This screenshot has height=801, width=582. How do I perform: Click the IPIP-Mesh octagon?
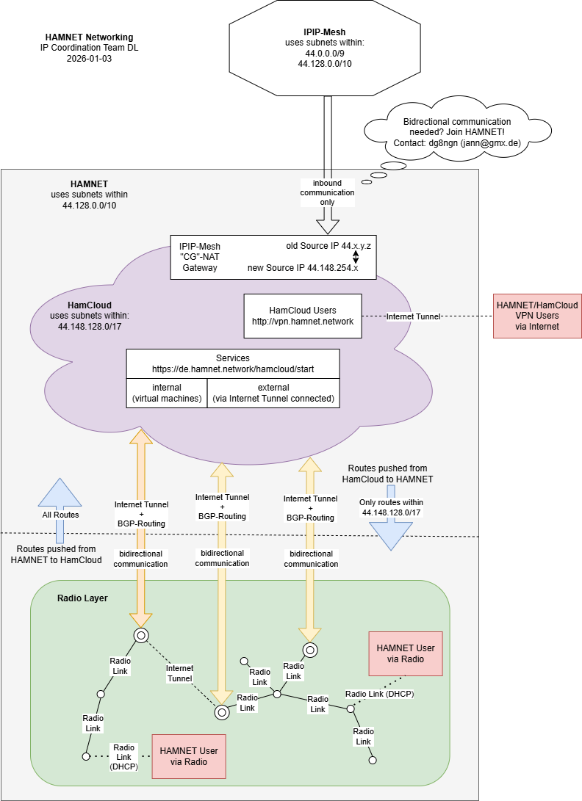[x=325, y=48]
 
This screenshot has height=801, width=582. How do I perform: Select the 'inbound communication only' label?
[x=327, y=192]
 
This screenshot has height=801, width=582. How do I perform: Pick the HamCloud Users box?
[x=303, y=316]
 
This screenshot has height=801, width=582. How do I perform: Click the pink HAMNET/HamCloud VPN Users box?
[x=537, y=316]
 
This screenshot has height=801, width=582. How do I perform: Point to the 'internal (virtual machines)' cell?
[x=167, y=394]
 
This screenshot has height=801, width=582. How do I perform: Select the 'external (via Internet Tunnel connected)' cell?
[x=273, y=394]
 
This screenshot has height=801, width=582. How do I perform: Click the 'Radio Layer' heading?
[x=82, y=598]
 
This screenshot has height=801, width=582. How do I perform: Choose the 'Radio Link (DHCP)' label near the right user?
[x=379, y=694]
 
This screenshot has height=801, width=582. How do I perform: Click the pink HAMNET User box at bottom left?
[x=189, y=756]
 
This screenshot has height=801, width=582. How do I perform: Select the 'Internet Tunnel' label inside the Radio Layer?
[x=179, y=673]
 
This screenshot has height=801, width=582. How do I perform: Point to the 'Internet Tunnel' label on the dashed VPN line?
[x=413, y=316]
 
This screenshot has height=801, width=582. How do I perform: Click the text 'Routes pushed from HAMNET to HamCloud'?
[x=57, y=554]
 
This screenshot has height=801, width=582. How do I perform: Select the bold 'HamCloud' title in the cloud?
[x=89, y=305]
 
